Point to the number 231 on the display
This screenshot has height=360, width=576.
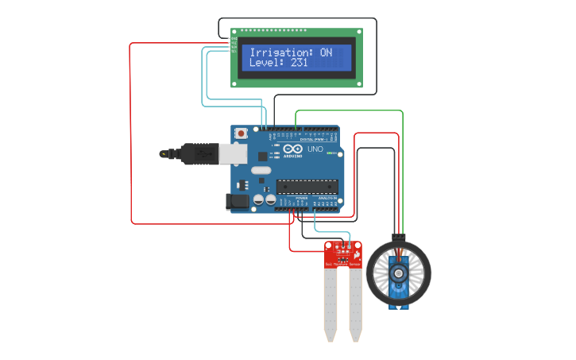point(297,62)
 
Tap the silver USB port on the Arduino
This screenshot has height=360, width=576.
point(231,153)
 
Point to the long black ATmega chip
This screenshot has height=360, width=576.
point(308,188)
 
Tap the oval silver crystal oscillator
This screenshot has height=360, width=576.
point(261,170)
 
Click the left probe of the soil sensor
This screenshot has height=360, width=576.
point(330,306)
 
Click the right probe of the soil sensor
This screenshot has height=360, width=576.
point(355,306)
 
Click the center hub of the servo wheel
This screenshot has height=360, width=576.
point(398,273)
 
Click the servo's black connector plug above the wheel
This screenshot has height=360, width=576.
point(399,238)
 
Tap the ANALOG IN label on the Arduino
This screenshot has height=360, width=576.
point(327,198)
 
